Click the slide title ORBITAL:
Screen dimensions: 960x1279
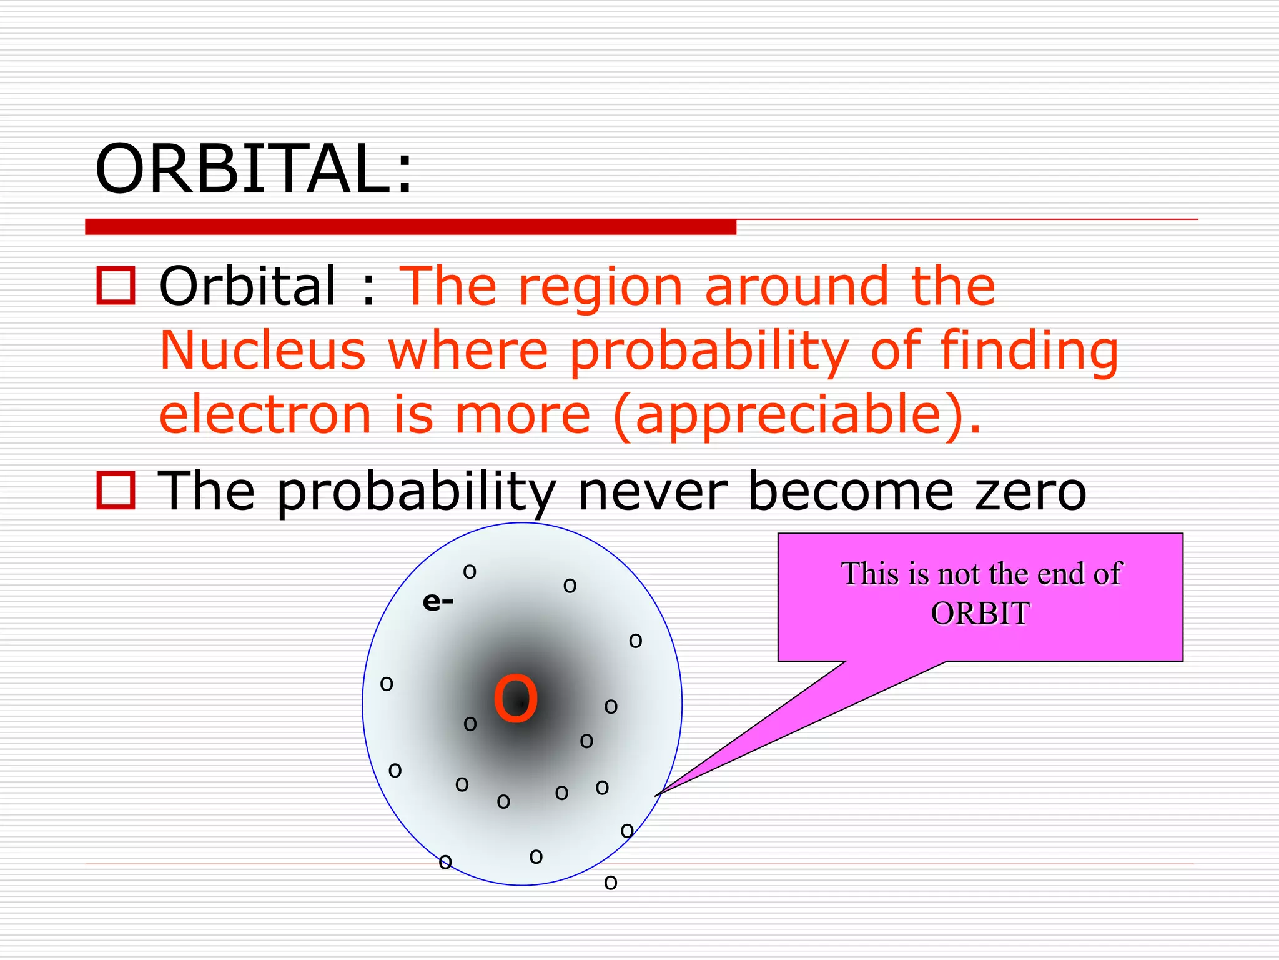tap(253, 169)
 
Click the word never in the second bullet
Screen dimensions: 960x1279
tap(653, 491)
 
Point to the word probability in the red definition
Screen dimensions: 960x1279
tap(709, 351)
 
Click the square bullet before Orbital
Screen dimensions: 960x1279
tap(116, 286)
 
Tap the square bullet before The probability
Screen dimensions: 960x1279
tap(116, 491)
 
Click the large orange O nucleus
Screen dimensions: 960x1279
tap(515, 700)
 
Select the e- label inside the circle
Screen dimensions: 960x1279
tap(438, 602)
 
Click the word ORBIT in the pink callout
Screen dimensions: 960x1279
tap(979, 613)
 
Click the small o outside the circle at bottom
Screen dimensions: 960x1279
tap(611, 882)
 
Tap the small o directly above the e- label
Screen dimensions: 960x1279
tap(470, 571)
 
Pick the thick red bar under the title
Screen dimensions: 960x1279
tap(410, 227)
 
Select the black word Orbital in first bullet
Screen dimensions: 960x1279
tap(248, 286)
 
